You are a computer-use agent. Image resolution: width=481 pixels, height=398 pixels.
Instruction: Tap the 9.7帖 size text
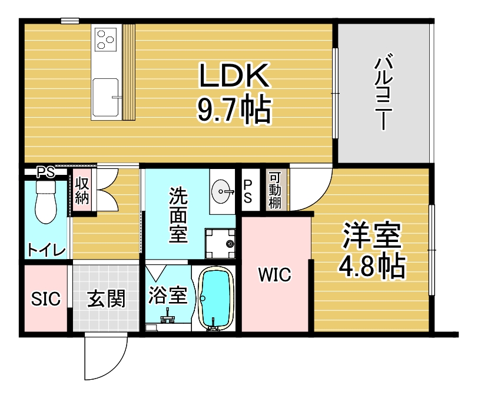(x=234, y=110)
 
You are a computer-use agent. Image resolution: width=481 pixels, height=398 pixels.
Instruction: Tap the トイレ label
(x=47, y=250)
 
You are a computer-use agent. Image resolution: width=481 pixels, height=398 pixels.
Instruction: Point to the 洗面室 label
(x=178, y=215)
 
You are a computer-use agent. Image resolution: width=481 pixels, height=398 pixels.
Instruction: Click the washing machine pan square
(x=220, y=243)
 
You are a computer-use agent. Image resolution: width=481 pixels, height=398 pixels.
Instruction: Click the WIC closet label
(x=275, y=274)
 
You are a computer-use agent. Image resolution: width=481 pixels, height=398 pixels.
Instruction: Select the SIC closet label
(x=46, y=299)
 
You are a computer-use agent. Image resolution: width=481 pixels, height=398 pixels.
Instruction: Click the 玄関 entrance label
(x=107, y=299)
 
